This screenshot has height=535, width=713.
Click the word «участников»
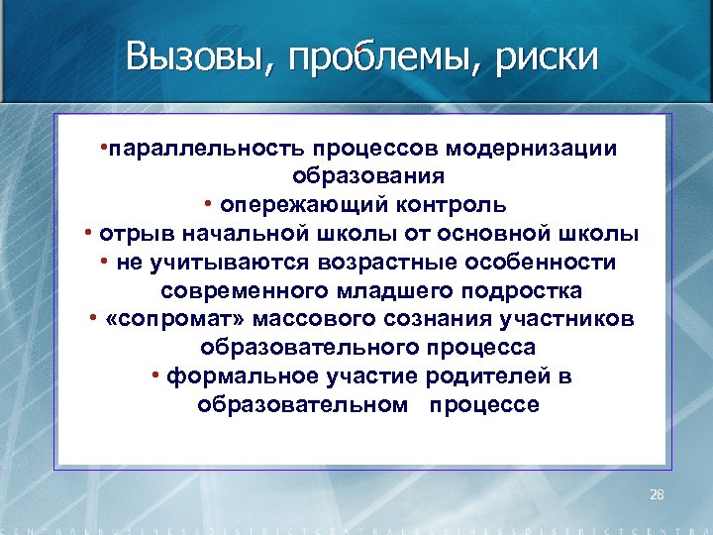pos(570,320)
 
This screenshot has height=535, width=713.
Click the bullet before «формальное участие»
pos(156,375)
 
